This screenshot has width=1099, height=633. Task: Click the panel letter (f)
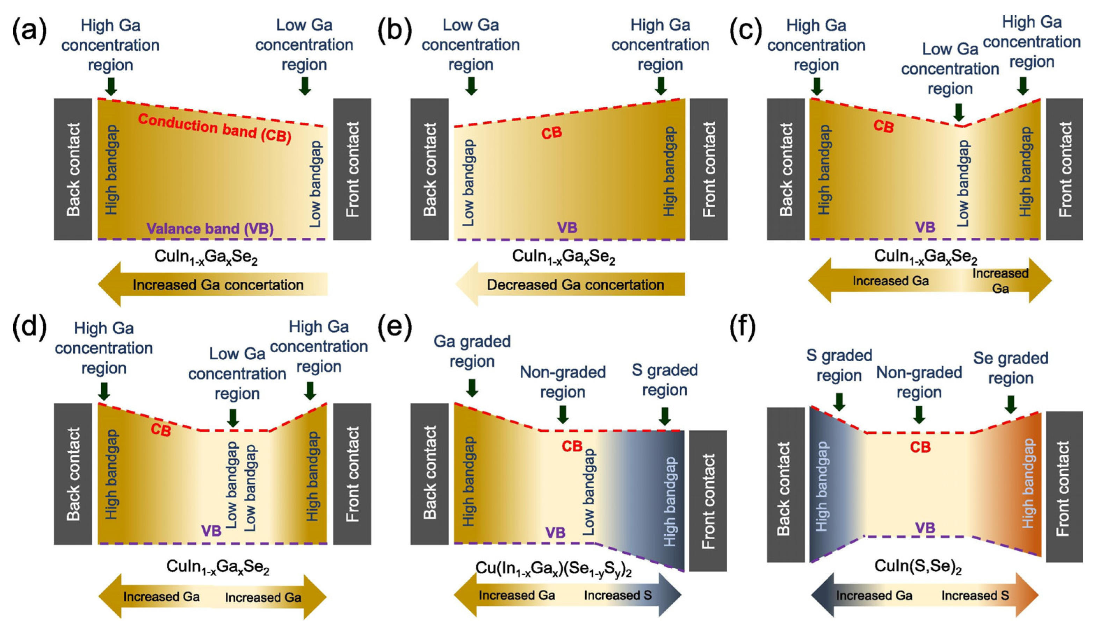tap(744, 329)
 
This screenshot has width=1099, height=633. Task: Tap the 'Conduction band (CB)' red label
tap(214, 129)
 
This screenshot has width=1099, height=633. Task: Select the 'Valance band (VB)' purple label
tap(210, 229)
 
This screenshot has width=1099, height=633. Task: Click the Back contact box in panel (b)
tap(429, 169)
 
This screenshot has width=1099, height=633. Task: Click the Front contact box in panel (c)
tap(1064, 169)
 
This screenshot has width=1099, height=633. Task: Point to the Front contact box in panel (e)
tap(708, 501)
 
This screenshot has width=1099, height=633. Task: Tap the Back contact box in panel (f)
tap(785, 485)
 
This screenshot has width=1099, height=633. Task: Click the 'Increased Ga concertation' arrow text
tap(218, 285)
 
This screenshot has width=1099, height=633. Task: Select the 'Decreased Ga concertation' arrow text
tap(575, 285)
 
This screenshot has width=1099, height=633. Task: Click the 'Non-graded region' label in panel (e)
tap(563, 382)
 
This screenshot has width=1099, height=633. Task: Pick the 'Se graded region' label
tap(1011, 368)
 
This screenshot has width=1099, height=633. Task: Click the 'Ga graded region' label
tap(472, 351)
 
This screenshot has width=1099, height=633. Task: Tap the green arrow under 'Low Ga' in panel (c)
tap(958, 112)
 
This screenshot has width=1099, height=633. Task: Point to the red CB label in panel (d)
tap(160, 430)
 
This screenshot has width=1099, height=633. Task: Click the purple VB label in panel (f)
tap(925, 528)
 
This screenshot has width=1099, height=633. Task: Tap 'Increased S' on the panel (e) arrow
tap(617, 596)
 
